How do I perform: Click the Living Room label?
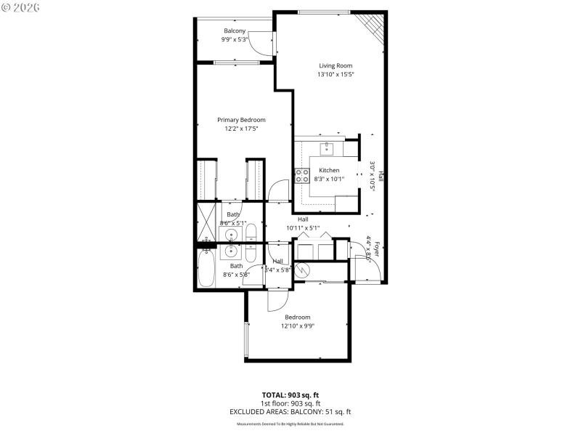tap(336, 65)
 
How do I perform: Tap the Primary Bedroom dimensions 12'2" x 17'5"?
tap(241, 129)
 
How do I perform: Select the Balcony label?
tap(235, 31)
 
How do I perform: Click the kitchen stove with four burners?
tap(301, 174)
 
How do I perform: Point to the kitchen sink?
tap(328, 148)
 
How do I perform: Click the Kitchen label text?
tap(329, 170)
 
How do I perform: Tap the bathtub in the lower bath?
tap(206, 268)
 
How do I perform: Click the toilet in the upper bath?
tap(251, 233)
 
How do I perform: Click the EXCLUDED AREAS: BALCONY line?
tap(290, 411)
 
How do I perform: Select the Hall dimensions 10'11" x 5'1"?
tap(303, 227)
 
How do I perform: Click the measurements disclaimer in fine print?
tap(290, 424)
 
